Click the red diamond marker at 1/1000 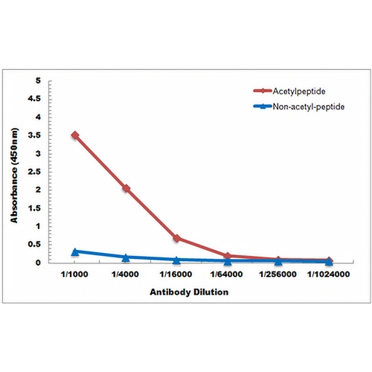click(75, 135)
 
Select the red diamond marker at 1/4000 click(126, 188)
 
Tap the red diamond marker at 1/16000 click(177, 239)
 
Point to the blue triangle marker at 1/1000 click(75, 252)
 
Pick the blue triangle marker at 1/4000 click(126, 257)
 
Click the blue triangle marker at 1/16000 click(177, 260)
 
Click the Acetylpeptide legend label click(299, 92)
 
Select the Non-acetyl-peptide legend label click(309, 107)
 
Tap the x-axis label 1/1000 click(74, 275)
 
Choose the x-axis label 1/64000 click(226, 275)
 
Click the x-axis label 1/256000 click(278, 275)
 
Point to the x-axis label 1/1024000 click(329, 275)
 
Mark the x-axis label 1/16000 click(176, 275)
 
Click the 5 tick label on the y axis click(38, 80)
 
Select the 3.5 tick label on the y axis click(35, 135)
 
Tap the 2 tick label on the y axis click(38, 190)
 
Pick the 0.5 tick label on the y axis click(34, 245)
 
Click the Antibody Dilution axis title click(189, 292)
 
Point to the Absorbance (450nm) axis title click(14, 176)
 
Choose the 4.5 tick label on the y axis click(34, 99)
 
